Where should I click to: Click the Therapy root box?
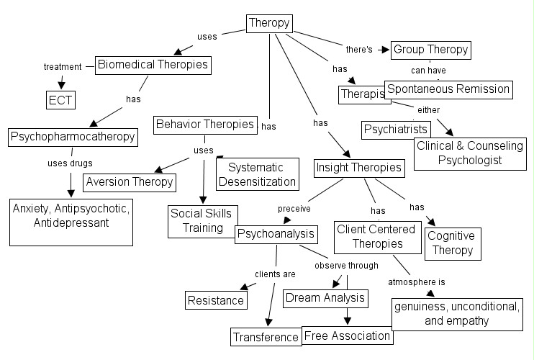coord(269,24)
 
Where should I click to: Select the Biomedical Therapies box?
coord(153,65)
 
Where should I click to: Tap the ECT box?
coord(60,99)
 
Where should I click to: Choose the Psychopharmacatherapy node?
coord(73,137)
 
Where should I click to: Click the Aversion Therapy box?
coord(130,181)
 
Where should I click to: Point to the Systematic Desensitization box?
coord(256,174)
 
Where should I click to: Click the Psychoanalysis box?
coord(276,234)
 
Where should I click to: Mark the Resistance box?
coord(216,300)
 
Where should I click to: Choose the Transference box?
coord(265,336)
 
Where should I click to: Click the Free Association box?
coord(348,335)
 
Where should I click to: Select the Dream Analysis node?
coord(325,297)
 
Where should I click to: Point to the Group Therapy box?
coord(430,50)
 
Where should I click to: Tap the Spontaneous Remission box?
coord(448,89)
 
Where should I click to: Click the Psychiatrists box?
coord(396,130)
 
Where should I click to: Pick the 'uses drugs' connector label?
coord(71,163)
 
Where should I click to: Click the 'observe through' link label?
coord(346,266)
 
